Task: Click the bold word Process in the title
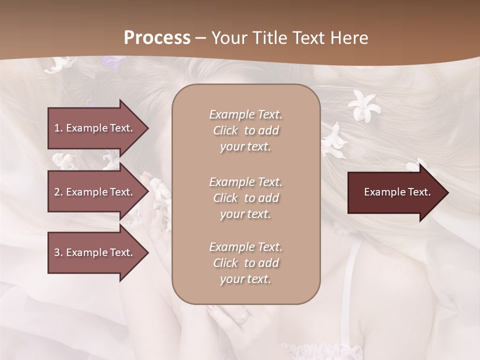[x=157, y=38]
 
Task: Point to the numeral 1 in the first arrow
[x=56, y=128]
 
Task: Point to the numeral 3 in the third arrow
[x=56, y=252]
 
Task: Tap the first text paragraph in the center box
[x=245, y=130]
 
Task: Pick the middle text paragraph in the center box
[x=245, y=198]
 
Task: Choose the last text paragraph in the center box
[x=245, y=263]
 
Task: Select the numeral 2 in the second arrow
[x=56, y=192]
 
